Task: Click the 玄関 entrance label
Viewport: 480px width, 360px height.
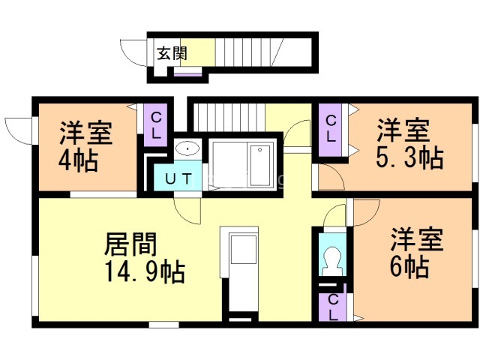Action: click(x=172, y=53)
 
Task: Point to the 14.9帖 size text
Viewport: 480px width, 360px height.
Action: click(x=140, y=271)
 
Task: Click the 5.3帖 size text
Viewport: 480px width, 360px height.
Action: click(x=409, y=158)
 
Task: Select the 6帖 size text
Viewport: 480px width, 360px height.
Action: click(x=409, y=266)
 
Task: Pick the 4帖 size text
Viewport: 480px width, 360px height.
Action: click(x=78, y=160)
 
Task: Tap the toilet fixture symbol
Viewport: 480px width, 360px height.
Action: click(x=331, y=258)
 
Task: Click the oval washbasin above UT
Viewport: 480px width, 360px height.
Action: click(x=187, y=148)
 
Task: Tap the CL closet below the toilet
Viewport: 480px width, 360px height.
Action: click(x=331, y=307)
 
